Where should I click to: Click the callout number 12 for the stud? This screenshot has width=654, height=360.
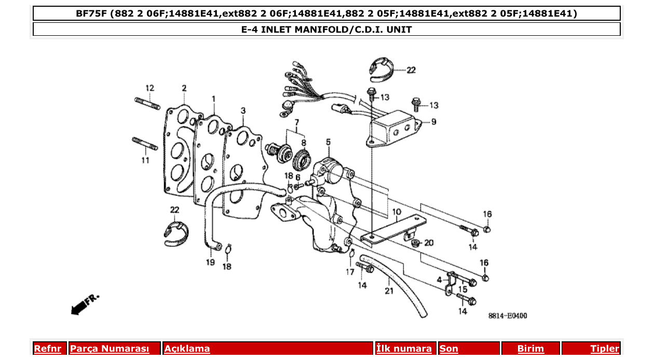(x=149, y=88)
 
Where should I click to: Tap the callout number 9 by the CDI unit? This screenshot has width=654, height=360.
(x=434, y=122)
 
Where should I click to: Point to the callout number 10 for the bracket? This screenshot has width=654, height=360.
(x=397, y=212)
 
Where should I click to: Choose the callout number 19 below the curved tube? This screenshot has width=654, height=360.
(x=210, y=262)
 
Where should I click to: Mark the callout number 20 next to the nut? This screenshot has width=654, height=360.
(x=429, y=243)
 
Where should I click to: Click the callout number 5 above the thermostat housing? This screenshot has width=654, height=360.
(x=328, y=142)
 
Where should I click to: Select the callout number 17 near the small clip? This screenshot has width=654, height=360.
(x=351, y=271)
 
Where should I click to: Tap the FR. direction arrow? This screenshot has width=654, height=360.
(x=84, y=305)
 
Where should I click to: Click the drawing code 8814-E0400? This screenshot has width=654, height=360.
(x=507, y=315)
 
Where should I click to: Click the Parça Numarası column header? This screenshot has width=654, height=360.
(x=110, y=349)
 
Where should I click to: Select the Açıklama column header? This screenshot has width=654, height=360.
(x=187, y=349)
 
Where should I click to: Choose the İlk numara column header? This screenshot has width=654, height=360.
(x=404, y=349)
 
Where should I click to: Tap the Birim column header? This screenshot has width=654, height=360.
(x=530, y=349)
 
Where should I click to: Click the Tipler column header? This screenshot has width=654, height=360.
(x=605, y=349)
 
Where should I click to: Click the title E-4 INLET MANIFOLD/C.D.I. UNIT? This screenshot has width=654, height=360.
(x=326, y=30)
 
